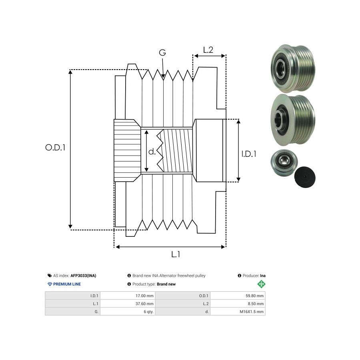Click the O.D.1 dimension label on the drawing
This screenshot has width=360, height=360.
click(x=55, y=148)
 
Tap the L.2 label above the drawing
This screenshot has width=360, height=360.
click(x=208, y=50)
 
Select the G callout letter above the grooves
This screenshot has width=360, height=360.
click(x=162, y=53)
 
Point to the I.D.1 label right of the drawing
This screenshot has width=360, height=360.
click(x=249, y=153)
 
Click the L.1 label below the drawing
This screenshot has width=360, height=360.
click(x=176, y=254)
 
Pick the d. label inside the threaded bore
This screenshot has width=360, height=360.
click(x=152, y=152)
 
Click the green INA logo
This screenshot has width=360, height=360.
click(x=262, y=284)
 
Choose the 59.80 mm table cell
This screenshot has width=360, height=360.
click(x=255, y=296)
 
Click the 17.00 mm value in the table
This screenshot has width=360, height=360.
click(x=145, y=296)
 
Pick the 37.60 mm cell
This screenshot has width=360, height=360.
click(x=145, y=304)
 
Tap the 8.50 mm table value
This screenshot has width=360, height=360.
click(x=256, y=304)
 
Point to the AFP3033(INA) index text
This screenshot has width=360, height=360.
click(x=83, y=276)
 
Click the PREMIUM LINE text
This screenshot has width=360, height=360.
click(x=67, y=284)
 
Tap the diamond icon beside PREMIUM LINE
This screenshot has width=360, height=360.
click(x=50, y=284)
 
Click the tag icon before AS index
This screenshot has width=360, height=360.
click(x=50, y=276)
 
